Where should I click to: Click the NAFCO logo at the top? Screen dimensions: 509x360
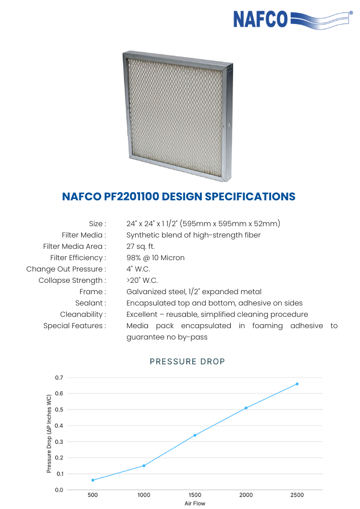tap(293, 19)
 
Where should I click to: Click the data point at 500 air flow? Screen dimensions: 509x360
tap(93, 480)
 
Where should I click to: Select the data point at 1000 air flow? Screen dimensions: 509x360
tap(144, 465)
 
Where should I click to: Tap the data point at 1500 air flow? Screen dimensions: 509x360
tap(195, 435)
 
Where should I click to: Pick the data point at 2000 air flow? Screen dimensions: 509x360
tap(246, 408)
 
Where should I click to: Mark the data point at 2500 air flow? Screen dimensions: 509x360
tap(297, 384)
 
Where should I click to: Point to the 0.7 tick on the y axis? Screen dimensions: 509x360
tap(59, 378)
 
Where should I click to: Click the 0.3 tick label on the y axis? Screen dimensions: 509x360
tap(59, 441)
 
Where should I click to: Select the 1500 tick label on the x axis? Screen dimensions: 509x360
tap(195, 495)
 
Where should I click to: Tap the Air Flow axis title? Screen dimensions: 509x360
tap(195, 504)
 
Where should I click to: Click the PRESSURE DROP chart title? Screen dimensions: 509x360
tap(187, 362)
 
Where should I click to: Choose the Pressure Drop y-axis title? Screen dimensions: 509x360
tap(49, 434)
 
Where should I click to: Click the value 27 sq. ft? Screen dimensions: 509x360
tap(141, 247)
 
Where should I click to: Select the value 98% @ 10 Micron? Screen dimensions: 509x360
tap(156, 258)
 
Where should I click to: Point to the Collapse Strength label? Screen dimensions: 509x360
tap(72, 281)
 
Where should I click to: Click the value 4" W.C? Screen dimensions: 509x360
tap(138, 269)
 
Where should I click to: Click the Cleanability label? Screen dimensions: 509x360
tap(83, 315)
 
